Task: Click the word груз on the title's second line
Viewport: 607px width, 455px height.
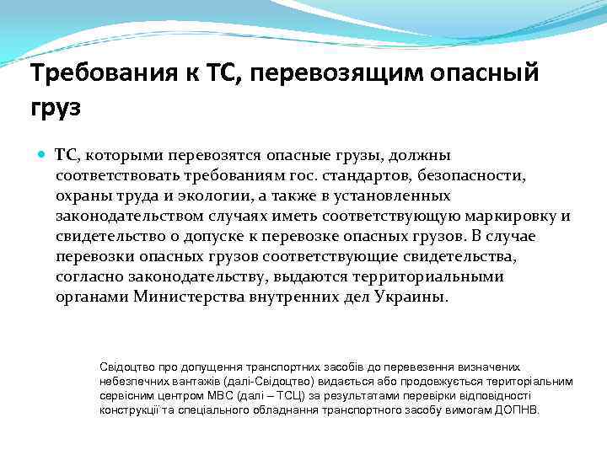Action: pos(56,109)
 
